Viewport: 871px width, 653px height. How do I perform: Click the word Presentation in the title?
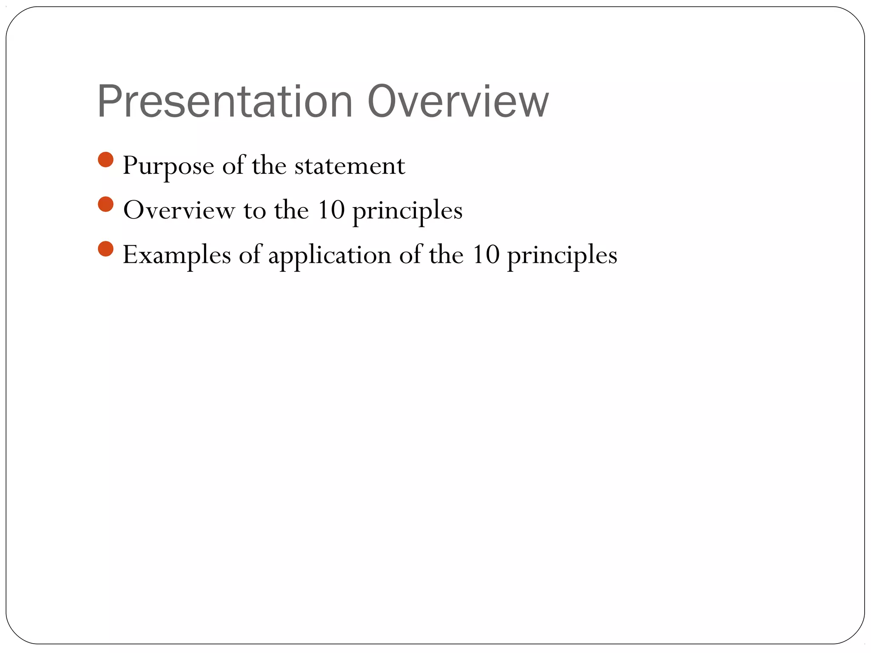[x=225, y=102]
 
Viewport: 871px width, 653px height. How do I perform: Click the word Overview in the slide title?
[x=458, y=102]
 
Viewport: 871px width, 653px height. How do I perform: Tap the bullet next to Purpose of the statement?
[x=105, y=160]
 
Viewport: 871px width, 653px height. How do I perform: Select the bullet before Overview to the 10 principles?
[x=105, y=204]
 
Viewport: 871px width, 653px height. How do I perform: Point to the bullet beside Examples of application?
[x=105, y=249]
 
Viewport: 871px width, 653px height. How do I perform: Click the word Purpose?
[x=168, y=166]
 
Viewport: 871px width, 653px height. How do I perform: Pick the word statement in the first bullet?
[x=350, y=166]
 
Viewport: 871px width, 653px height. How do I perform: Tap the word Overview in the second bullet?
[x=179, y=210]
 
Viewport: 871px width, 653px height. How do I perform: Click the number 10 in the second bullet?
[x=331, y=210]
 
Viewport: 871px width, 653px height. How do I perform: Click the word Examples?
[x=176, y=255]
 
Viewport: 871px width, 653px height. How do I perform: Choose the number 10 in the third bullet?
[x=486, y=255]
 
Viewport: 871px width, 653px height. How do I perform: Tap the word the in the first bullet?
[x=269, y=166]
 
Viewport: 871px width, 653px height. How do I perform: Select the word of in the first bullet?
[x=233, y=166]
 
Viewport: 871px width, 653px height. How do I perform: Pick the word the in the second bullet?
[x=291, y=210]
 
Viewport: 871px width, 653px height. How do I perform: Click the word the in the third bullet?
[x=446, y=255]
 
